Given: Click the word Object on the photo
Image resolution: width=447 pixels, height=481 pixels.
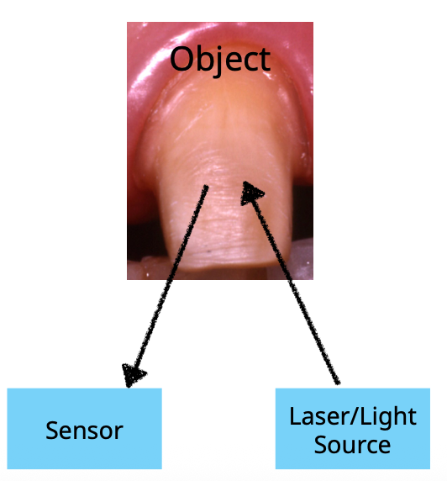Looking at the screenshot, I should coord(220,60).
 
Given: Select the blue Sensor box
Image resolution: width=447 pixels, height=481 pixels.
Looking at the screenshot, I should coord(84,428).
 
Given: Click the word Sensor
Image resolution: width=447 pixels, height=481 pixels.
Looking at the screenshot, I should coord(84,431).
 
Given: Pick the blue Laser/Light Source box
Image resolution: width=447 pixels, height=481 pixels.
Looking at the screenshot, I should coord(352,428).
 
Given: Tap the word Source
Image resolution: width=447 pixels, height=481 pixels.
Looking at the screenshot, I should coord(352,443).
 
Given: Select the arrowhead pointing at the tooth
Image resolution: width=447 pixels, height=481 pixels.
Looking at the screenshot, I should coord(250,192).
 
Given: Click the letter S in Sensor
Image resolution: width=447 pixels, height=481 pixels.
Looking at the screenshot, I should coord(51,431).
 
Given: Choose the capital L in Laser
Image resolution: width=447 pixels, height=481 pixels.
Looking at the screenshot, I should coord(294,415).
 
